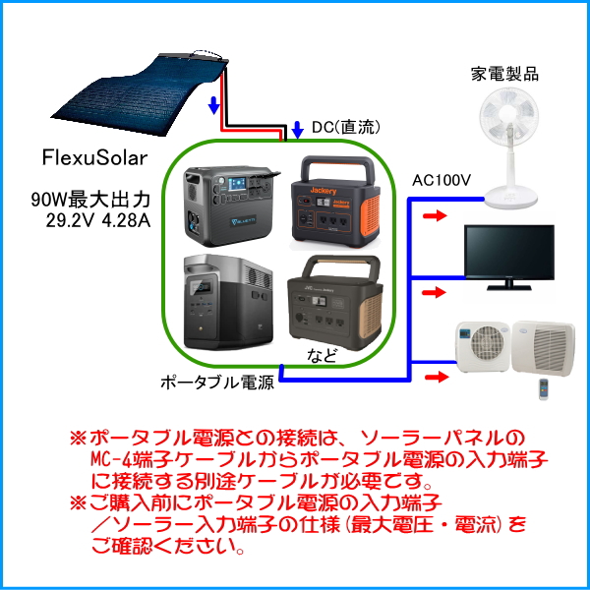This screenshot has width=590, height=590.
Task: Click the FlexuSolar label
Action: [93, 156]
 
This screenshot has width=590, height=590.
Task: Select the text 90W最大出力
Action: [89, 201]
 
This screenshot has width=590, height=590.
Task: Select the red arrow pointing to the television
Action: [430, 292]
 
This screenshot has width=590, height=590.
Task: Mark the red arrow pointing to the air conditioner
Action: [430, 377]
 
